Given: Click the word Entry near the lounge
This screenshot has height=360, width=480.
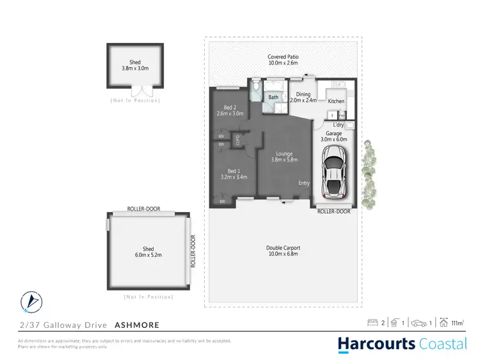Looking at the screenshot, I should (304, 183).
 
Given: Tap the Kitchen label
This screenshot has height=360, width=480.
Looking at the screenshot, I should (336, 101).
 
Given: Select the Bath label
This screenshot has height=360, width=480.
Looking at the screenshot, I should (273, 97).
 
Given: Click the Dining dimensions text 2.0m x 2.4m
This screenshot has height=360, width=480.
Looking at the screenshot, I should (303, 101).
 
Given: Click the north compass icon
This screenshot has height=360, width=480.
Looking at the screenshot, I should (30, 301).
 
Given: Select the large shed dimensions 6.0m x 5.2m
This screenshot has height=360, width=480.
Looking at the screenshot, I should (148, 254).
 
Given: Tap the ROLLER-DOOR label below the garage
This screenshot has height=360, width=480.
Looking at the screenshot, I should (334, 211).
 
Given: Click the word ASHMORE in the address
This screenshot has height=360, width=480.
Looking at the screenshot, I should (136, 325).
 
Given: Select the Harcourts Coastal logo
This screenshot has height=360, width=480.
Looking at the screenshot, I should (403, 344).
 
